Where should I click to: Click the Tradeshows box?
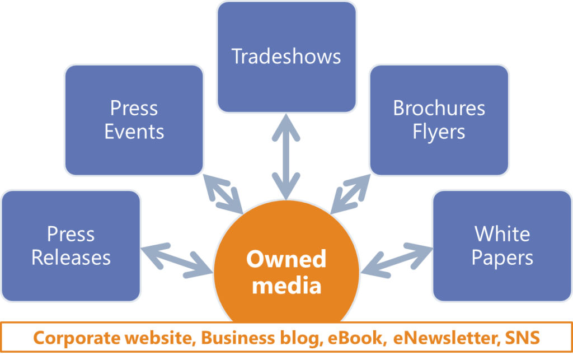point(286,57)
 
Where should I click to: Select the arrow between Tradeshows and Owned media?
point(286,157)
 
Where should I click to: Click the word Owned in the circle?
point(286,259)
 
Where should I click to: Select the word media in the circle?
point(286,286)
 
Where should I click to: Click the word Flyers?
point(439,132)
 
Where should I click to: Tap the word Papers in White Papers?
point(502,258)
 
